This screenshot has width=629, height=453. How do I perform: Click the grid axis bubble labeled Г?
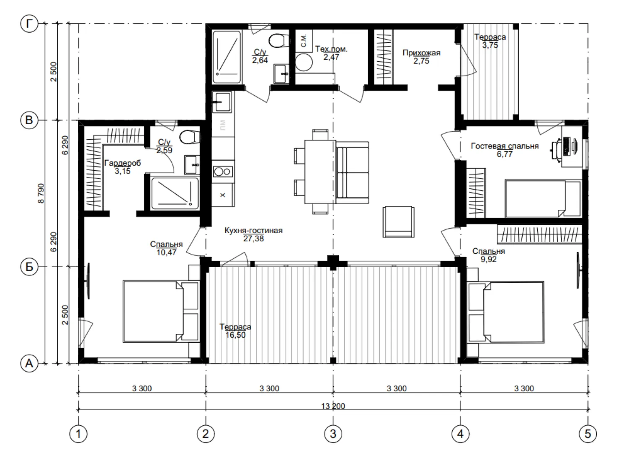[x=29, y=23]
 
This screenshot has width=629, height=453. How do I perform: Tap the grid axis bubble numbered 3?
[x=333, y=434]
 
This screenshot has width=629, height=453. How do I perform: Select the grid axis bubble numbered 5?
[x=588, y=434]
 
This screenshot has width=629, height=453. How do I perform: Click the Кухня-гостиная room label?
[x=253, y=231]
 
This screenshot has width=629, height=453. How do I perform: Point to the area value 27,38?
[x=253, y=239]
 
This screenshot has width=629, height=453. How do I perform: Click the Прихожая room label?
[x=421, y=52]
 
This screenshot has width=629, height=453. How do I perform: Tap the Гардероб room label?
[x=122, y=163]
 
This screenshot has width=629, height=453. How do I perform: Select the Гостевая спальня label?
[x=505, y=146]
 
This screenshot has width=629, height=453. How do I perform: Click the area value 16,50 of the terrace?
[x=235, y=335]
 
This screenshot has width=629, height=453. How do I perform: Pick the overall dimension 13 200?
[x=333, y=406]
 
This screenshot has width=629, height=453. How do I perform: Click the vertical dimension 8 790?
[x=41, y=193]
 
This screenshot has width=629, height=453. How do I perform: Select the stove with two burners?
[x=223, y=172]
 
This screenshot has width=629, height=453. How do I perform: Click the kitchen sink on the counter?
[x=222, y=102]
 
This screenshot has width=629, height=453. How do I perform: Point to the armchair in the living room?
[x=398, y=222]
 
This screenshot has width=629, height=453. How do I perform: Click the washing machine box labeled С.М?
[x=304, y=41]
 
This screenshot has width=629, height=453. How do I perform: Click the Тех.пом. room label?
[x=331, y=49]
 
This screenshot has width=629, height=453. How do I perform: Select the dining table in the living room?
[x=320, y=172]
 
